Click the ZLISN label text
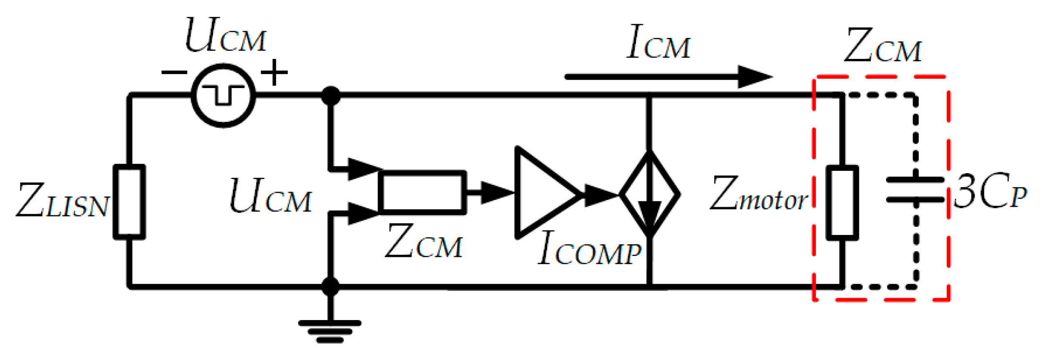pyautogui.click(x=62, y=200)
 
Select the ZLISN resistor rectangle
pyautogui.click(x=129, y=202)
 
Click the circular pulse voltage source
pyautogui.click(x=223, y=95)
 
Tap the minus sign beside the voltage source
pyautogui.click(x=174, y=73)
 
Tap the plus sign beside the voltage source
pyautogui.click(x=274, y=72)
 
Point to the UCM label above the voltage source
pyautogui.click(x=226, y=36)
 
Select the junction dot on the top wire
pyautogui.click(x=331, y=95)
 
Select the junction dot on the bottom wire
pyautogui.click(x=331, y=287)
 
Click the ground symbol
pyautogui.click(x=330, y=331)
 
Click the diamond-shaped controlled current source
pyautogui.click(x=650, y=194)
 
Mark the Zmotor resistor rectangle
pyautogui.click(x=842, y=202)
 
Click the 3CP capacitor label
pyautogui.click(x=990, y=193)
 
